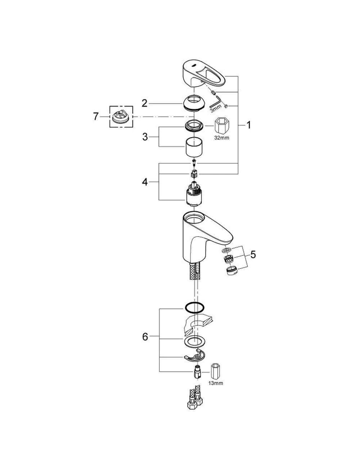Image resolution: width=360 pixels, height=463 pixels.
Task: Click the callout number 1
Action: (248, 125)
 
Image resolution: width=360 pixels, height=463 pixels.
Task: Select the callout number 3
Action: (145, 137)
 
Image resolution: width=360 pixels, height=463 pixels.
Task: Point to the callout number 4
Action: (145, 182)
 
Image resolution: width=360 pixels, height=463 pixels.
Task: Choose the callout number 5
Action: (253, 255)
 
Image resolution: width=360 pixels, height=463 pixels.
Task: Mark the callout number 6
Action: (145, 337)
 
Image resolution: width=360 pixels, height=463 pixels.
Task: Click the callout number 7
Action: (96, 117)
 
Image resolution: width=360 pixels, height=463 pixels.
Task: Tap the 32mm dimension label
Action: (222, 138)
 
